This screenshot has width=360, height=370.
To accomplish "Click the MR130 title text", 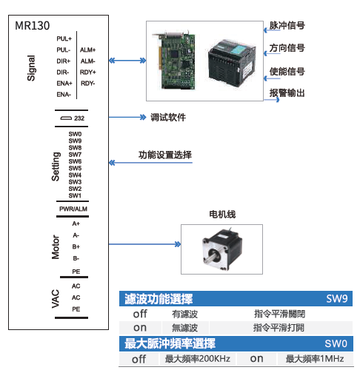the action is click(x=32, y=26).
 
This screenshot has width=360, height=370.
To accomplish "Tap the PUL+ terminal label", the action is click(x=64, y=38).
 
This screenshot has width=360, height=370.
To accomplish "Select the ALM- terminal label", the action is click(x=87, y=61).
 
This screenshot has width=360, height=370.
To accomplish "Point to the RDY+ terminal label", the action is click(x=87, y=72).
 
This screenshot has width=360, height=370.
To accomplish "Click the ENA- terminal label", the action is click(x=64, y=95).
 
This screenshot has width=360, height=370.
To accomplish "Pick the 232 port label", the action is click(x=79, y=118).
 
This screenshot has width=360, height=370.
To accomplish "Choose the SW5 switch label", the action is click(x=75, y=168).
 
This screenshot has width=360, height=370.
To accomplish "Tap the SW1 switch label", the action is click(x=75, y=195).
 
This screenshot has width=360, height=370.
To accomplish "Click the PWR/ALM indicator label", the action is click(x=73, y=209).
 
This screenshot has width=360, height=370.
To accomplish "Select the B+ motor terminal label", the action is click(x=76, y=246).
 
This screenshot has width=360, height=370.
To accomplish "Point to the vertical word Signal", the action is click(x=31, y=68).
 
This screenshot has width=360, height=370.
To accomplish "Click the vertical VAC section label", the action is click(x=56, y=299).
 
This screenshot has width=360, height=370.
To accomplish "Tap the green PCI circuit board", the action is click(x=174, y=60).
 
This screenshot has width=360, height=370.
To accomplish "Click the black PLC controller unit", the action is click(x=231, y=63).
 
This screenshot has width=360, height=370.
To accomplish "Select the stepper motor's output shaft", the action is click(x=210, y=258).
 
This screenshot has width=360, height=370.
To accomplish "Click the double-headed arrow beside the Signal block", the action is click(x=127, y=61).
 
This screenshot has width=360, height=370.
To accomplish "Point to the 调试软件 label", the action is click(x=168, y=118).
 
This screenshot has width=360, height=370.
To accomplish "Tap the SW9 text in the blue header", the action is click(x=337, y=299).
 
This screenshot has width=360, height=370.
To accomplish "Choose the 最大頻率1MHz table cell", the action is click(x=315, y=359).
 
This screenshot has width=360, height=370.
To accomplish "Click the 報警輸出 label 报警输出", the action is click(x=287, y=93).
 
